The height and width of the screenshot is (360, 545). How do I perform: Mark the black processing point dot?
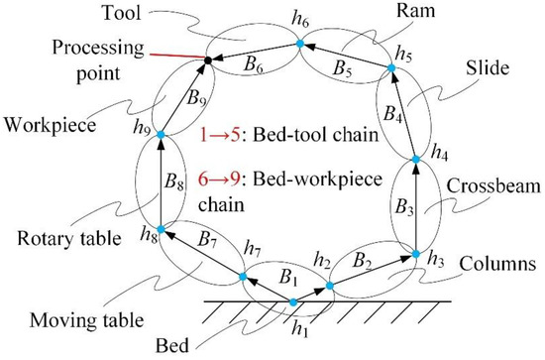(207, 61)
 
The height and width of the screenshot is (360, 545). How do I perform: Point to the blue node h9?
(160, 132)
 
